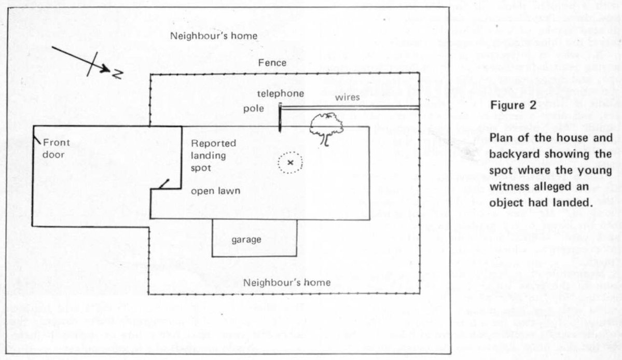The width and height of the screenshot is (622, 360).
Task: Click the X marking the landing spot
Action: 290,163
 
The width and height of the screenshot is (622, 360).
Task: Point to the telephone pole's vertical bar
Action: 280,117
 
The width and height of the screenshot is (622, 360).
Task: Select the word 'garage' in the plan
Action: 246,240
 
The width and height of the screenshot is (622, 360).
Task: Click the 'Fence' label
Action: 272,63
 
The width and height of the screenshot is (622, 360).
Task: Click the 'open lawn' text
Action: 215,191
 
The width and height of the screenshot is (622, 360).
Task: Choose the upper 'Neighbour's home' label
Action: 214,36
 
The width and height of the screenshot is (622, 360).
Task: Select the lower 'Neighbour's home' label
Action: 287,283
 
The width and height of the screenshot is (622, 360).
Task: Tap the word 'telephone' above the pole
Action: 281,93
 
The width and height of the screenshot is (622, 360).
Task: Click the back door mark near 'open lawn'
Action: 164,184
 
